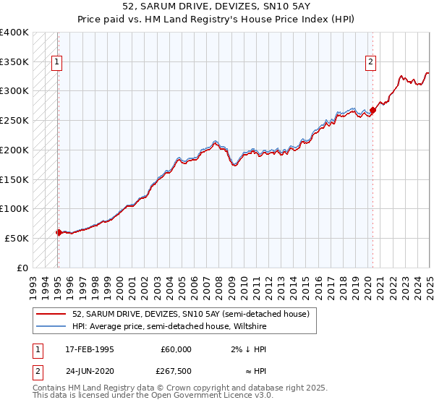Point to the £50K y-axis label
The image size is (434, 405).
[14, 238]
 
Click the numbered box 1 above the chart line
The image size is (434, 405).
[57, 63]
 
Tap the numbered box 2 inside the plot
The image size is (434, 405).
[370, 63]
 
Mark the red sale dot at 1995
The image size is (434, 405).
[59, 232]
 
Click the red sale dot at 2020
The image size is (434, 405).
[373, 110]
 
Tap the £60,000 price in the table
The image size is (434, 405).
[176, 349]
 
